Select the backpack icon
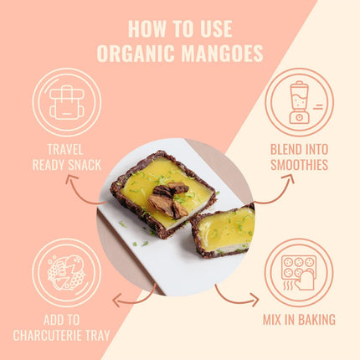66,102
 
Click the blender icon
299,102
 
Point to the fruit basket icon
66,272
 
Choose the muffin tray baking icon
298,272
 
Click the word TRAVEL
66,150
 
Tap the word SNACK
85,165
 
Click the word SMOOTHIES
299,165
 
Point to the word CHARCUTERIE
53,336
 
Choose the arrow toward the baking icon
235,296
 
